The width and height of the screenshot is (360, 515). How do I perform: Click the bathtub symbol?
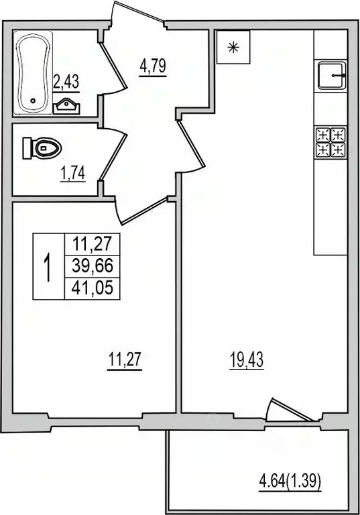coord(32,74)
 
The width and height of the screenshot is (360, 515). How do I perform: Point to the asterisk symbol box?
coord(233,47)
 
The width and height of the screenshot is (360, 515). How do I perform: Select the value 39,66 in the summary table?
coord(92,267)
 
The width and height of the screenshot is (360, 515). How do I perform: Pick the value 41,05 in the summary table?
coord(92,288)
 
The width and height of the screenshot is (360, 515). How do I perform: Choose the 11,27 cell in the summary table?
coord(92,244)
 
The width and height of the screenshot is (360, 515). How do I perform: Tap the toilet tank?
coord(28,147)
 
